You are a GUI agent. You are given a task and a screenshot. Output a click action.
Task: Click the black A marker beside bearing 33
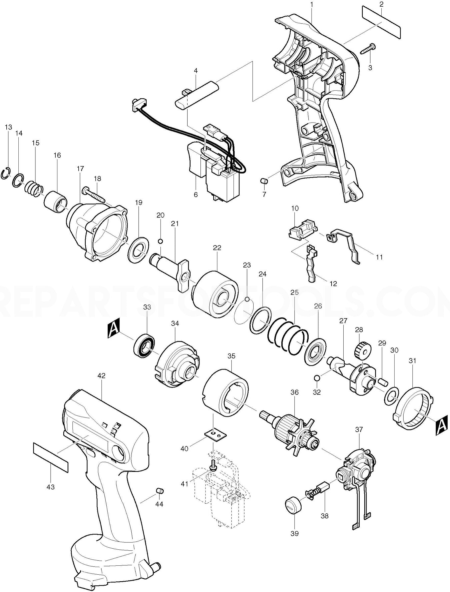click(114, 328)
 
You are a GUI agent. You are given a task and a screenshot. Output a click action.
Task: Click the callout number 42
click(102, 375)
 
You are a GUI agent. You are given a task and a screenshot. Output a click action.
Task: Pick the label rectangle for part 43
click(51, 457)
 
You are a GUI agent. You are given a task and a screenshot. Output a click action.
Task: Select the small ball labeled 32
click(317, 378)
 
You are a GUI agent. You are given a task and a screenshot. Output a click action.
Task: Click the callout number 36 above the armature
click(295, 392)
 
